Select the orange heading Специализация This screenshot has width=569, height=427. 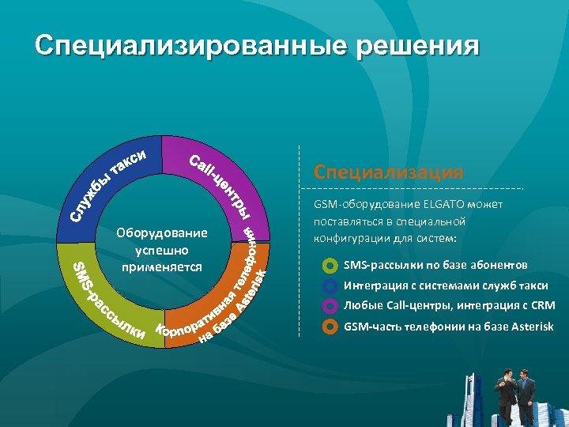click(x=387, y=172)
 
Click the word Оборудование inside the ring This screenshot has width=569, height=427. click(x=161, y=233)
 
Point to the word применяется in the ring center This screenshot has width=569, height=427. click(x=161, y=267)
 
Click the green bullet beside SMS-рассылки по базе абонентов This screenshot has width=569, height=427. click(x=330, y=265)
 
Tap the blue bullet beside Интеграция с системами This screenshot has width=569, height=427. click(x=330, y=285)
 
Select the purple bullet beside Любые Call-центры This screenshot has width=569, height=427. click(x=330, y=305)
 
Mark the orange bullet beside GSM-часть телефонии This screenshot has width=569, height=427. click(x=330, y=326)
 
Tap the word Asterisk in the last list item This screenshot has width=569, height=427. click(x=529, y=326)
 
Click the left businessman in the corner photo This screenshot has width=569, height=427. click(x=503, y=395)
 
